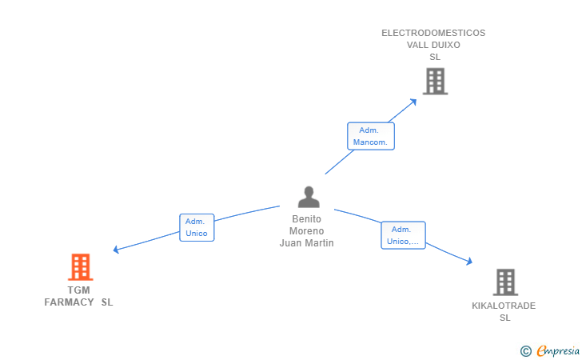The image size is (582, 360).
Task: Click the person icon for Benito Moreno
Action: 309,197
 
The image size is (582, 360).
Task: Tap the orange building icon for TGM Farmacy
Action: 80,266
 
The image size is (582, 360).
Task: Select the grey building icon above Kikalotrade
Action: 505,282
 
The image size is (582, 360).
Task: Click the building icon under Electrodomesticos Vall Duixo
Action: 436,81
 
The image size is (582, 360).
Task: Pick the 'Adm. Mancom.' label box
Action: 371,136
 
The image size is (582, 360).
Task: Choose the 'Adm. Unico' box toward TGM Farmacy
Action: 197,227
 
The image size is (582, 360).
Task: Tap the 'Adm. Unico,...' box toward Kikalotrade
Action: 403,235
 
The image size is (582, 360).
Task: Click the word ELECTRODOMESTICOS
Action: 433,33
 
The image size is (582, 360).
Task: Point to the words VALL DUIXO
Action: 433,45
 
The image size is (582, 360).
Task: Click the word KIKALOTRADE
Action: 504,306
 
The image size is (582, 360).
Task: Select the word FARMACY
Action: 69,302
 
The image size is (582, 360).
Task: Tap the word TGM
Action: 78,290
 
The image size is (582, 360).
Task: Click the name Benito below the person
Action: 307,219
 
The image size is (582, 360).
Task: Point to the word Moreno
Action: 307,230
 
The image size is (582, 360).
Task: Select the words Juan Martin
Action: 307,243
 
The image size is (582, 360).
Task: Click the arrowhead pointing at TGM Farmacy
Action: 116,250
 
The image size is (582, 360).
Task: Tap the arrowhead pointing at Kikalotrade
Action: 469,261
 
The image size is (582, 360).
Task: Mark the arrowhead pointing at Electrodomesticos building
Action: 413,102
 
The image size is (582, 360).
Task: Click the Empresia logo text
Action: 558,350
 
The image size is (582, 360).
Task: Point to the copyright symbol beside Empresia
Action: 525,351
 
